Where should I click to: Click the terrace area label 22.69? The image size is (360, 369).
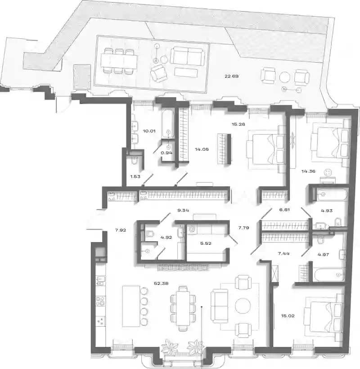[x=232, y=76]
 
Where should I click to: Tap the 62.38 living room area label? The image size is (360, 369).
[x=161, y=283]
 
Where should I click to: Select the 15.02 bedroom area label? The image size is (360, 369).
[x=288, y=316]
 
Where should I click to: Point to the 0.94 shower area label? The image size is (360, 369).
[x=166, y=153]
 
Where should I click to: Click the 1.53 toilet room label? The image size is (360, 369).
[x=135, y=176]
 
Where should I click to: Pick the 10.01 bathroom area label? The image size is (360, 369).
[x=149, y=131]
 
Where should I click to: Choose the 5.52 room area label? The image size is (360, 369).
[x=206, y=243]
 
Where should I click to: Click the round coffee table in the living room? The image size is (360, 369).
[x=243, y=306]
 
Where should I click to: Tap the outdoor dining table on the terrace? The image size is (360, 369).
[x=119, y=61]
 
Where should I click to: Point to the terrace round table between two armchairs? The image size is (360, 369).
[x=285, y=77]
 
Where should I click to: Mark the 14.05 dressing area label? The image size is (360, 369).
[x=202, y=149]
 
